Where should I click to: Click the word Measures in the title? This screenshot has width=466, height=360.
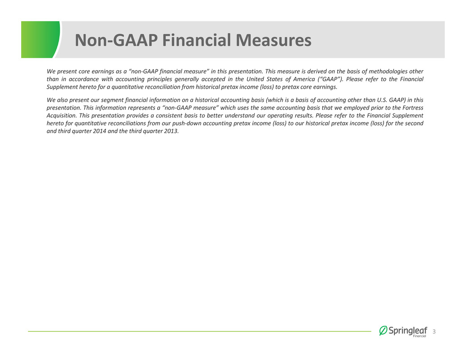(x=274, y=40)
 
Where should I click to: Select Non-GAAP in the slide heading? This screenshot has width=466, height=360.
(x=116, y=40)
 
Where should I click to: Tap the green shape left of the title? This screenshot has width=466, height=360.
(x=41, y=40)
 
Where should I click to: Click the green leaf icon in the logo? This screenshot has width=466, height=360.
(x=383, y=331)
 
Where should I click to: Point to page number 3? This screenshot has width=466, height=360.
(x=434, y=332)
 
